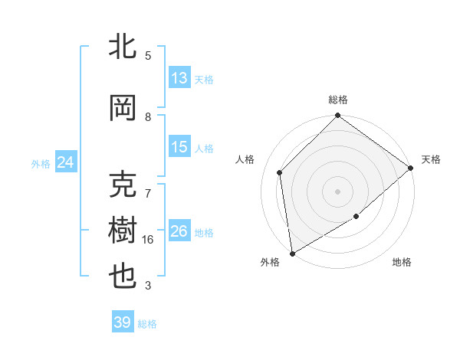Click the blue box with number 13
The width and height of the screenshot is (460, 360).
[x=179, y=78]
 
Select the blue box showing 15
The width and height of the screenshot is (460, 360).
[x=179, y=148]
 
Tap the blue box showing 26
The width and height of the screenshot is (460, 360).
[x=179, y=232]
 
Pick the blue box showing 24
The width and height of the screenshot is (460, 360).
[x=65, y=162]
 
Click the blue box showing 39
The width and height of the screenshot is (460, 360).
[x=123, y=322]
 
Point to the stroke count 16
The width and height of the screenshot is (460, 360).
[x=149, y=240]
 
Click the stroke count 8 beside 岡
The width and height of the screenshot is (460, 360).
[x=148, y=117]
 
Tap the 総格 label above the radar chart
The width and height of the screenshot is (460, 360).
[x=338, y=100]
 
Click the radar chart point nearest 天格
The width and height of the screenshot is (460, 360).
[x=412, y=168]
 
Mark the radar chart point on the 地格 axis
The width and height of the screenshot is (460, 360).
[x=356, y=217]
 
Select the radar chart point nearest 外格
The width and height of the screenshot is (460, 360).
[x=292, y=253]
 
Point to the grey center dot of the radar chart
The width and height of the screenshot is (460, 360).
[x=337, y=191]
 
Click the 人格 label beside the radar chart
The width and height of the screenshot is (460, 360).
[x=245, y=159]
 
